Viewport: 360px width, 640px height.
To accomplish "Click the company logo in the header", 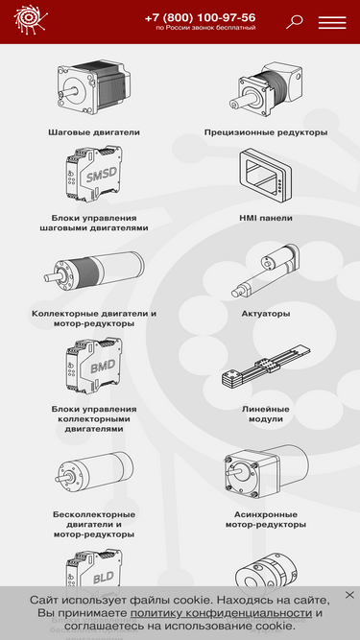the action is [31, 19].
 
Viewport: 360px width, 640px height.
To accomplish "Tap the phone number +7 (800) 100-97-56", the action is [200, 18].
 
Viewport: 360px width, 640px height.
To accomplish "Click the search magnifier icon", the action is [294, 22].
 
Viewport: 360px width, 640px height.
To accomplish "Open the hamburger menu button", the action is [332, 22].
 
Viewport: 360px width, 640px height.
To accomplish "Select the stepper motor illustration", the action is [94, 87].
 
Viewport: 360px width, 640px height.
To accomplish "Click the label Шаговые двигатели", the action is [94, 132].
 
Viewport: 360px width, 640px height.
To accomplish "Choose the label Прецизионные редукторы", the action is [266, 132].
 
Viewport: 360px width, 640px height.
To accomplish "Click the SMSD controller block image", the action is [94, 174].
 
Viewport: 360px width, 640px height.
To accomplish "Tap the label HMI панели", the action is [266, 219].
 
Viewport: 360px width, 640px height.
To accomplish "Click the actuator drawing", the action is [266, 271].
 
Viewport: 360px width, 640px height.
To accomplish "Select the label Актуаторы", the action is [266, 314].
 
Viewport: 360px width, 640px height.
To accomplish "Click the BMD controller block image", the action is [94, 366].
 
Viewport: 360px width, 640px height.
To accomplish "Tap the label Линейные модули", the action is [266, 415].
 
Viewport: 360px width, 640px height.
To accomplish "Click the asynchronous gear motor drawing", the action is [266, 472].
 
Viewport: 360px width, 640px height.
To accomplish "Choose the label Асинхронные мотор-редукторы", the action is [266, 520].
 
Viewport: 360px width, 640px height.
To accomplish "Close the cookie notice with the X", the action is [349, 595].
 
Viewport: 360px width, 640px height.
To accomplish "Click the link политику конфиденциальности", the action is [221, 613].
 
